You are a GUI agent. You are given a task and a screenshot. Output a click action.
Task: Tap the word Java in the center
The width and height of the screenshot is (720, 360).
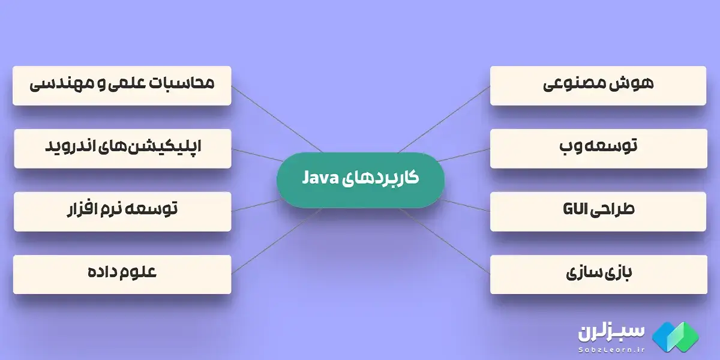pos(322,178)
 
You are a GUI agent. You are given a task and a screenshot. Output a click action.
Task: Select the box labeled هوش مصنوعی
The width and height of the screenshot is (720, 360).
pos(598,85)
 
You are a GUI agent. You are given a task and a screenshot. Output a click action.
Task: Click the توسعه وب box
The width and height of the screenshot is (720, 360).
pos(598,148)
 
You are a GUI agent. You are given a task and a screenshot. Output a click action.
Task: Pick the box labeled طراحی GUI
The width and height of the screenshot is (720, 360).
pos(598,211)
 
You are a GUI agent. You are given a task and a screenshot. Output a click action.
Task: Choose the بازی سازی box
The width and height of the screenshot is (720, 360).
pos(598,274)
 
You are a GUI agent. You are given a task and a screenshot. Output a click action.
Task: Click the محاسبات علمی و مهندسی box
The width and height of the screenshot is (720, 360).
pos(122,85)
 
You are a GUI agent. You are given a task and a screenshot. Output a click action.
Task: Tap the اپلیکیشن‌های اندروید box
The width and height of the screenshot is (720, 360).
pos(122,148)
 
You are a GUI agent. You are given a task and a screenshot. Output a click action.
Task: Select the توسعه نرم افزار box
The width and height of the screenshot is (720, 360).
pos(122,211)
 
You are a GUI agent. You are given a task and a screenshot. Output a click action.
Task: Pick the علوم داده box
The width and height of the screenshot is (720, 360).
pos(122,274)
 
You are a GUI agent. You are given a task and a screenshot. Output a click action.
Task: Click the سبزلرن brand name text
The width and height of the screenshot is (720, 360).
pos(611,332)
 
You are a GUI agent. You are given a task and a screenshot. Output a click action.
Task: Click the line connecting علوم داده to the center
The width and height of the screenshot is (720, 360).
pos(276,240)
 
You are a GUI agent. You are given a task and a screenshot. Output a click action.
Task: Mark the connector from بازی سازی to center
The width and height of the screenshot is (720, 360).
pos(444,240)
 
